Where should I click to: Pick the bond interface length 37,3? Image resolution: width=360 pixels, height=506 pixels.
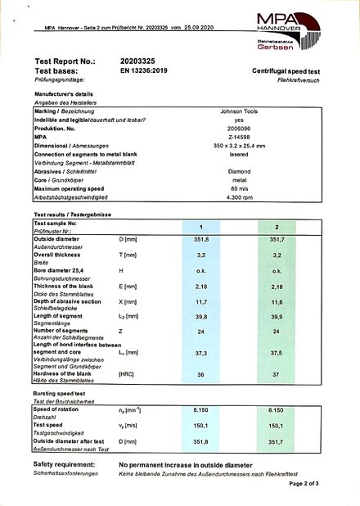[x=200, y=353]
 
